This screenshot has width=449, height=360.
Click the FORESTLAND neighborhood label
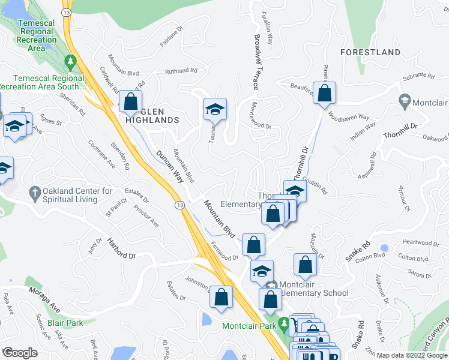pos(370,52)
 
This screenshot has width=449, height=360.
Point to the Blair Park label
pos(65,322)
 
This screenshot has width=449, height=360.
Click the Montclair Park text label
pos(248,326)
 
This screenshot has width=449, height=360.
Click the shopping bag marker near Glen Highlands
pos(130,101)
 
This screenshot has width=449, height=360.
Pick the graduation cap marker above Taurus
pos(214,109)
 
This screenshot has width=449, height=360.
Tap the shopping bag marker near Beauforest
pos(324,94)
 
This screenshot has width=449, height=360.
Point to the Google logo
pos(20,353)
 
